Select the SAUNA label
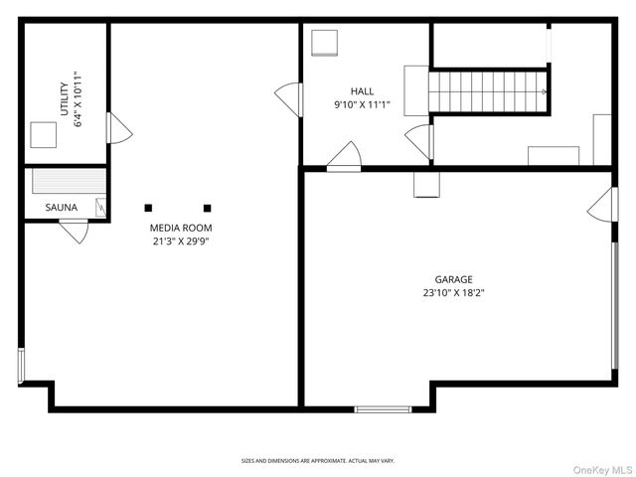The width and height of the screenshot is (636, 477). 61,208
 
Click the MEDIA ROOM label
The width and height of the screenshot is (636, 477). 181,228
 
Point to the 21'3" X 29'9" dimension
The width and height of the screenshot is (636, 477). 181,240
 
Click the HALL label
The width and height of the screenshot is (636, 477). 362,90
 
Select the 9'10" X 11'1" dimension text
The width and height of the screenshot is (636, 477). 362,103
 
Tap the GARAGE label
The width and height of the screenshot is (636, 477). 453,279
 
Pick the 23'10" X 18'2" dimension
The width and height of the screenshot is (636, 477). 453,292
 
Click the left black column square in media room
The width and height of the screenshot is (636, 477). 148,208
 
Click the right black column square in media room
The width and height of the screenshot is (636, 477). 208,208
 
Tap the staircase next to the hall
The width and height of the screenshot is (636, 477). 488,91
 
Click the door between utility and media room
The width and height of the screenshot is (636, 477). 117,128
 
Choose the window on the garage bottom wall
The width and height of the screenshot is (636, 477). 384,408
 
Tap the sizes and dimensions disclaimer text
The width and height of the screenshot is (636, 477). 318,461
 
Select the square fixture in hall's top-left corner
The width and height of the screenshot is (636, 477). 325,43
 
